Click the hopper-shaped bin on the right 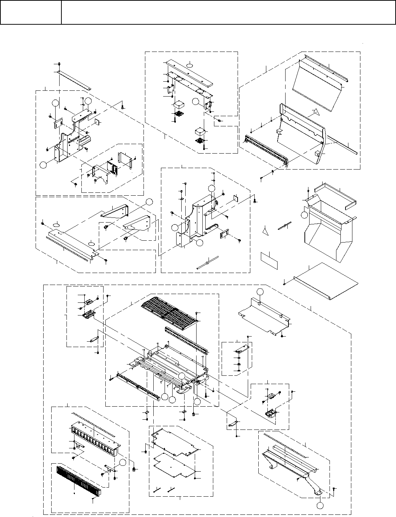click(327, 232)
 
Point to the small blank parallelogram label click(269, 260)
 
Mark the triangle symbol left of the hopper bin click(266, 231)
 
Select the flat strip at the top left click(74, 81)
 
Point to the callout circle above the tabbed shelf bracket click(260, 292)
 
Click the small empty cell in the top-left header click(31, 12)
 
